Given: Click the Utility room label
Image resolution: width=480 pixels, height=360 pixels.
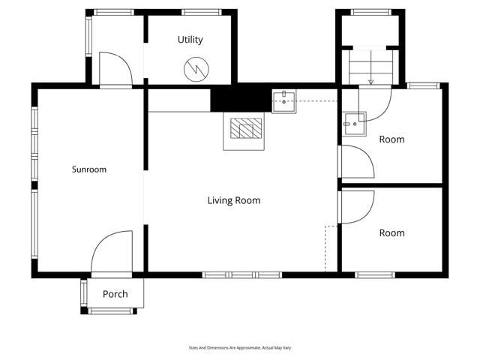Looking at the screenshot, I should (x=190, y=40).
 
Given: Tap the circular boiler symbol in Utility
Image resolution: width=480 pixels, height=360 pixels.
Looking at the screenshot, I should (x=194, y=69).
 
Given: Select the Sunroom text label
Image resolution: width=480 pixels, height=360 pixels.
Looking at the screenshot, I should (x=89, y=169).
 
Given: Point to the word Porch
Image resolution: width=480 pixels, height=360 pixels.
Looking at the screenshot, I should (x=115, y=294).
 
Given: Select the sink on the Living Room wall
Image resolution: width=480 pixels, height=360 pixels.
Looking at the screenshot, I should (x=283, y=100).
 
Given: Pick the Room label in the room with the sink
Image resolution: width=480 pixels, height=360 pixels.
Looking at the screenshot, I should (x=391, y=139).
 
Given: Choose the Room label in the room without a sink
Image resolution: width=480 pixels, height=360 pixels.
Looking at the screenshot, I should (x=391, y=233).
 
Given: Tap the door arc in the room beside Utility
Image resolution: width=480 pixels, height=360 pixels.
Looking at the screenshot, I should (x=115, y=69).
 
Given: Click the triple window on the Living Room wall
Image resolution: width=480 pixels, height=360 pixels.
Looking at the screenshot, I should (x=241, y=275).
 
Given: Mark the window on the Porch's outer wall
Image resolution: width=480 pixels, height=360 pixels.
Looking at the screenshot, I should (x=110, y=310).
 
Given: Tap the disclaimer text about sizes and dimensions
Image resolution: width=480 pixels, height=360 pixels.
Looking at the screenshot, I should (x=239, y=348).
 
